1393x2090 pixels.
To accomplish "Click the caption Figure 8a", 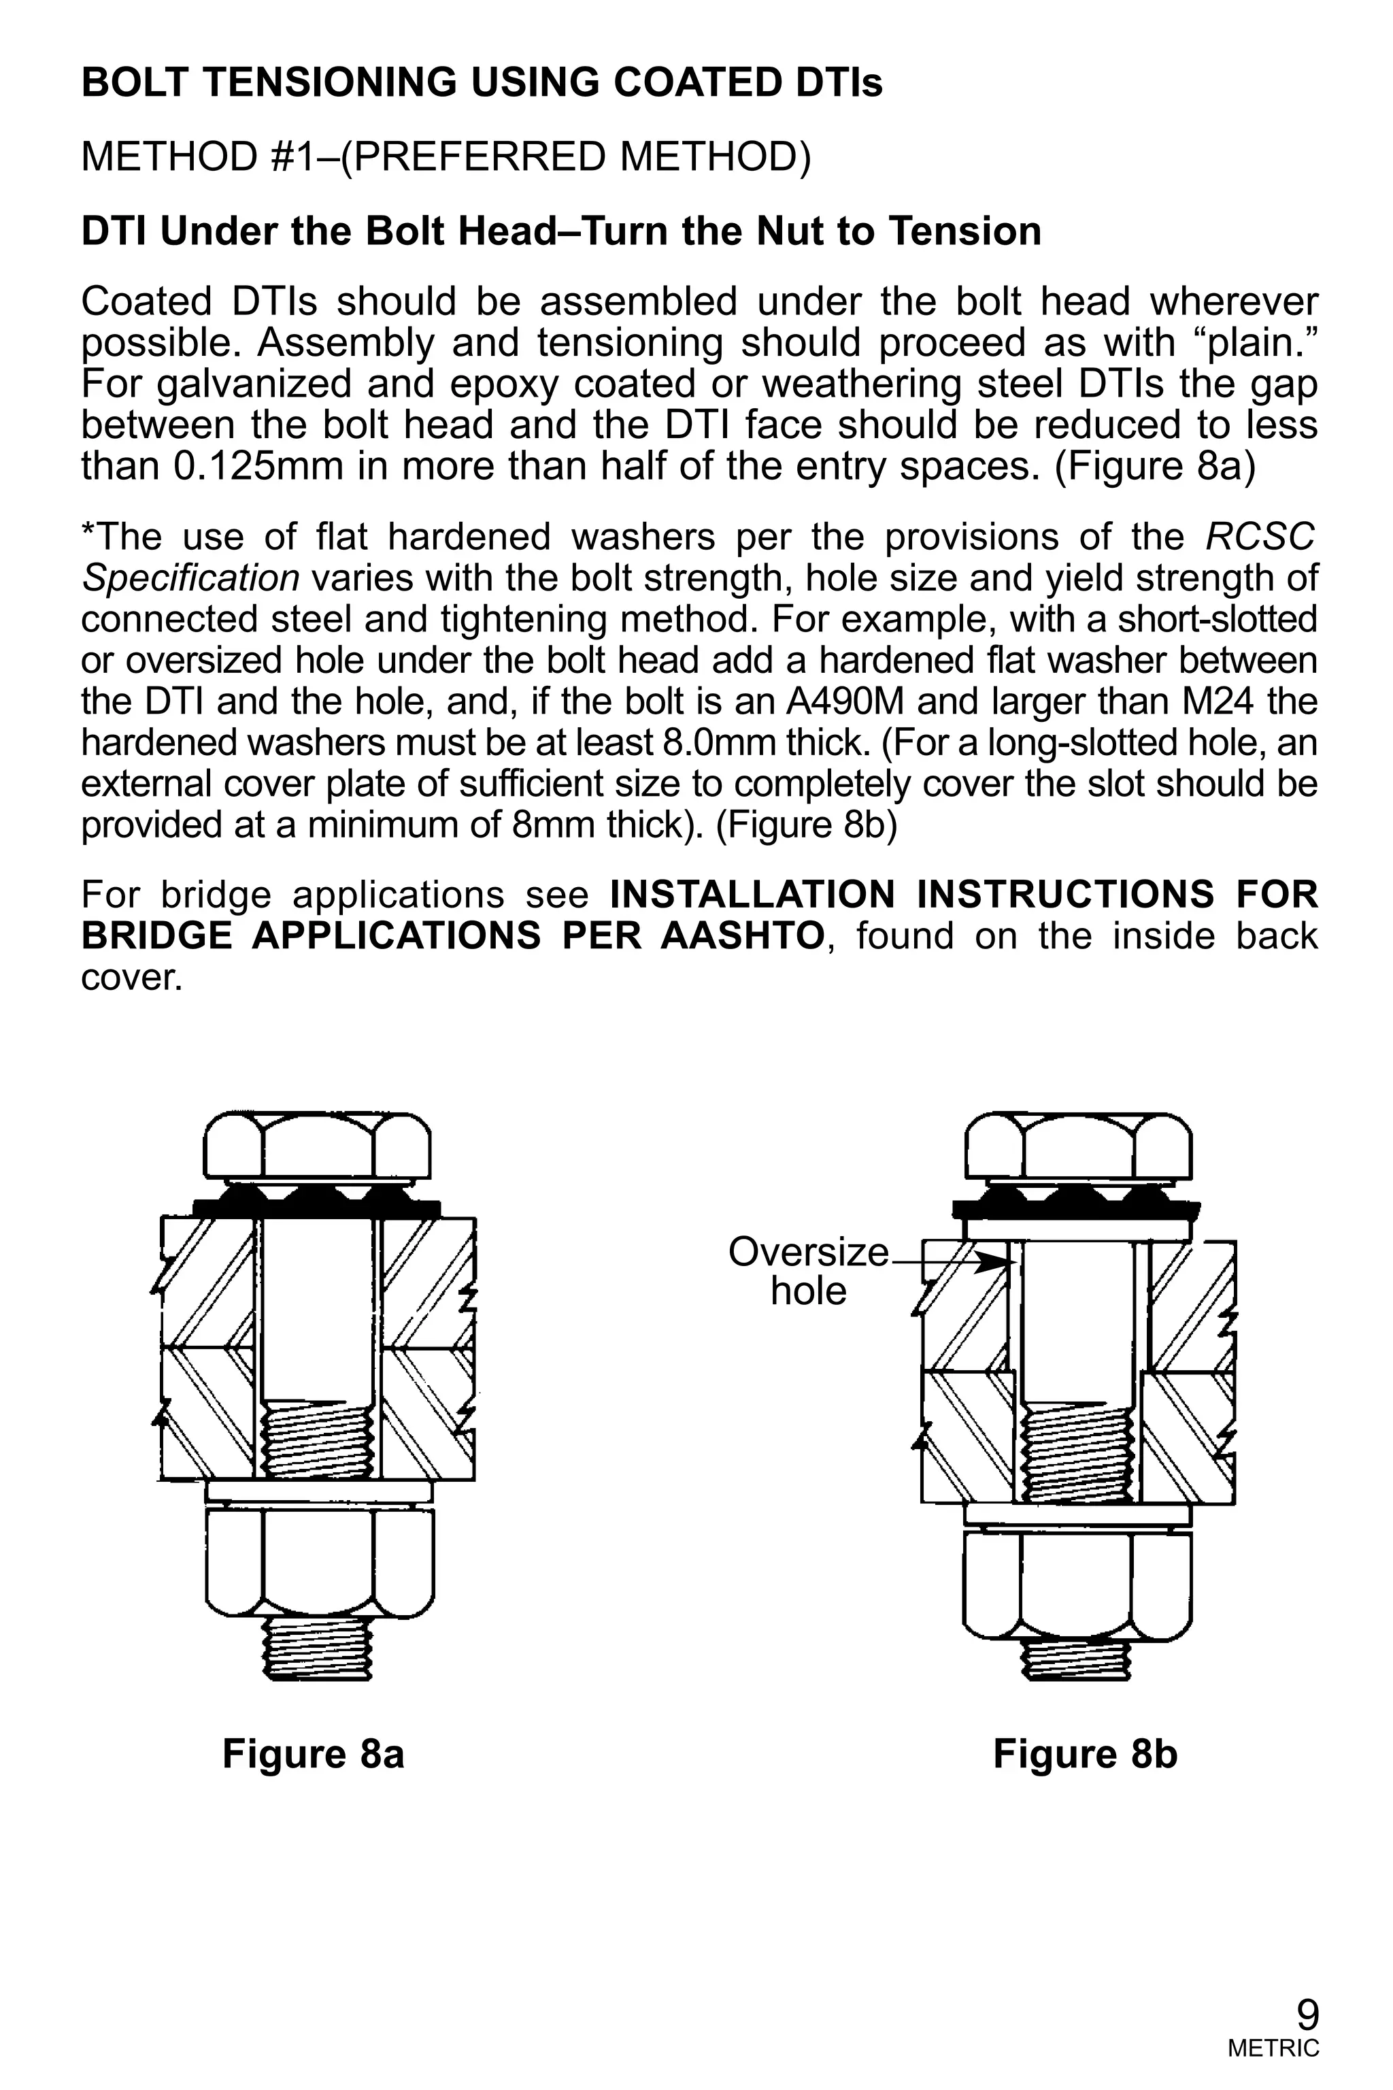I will coord(313,1753).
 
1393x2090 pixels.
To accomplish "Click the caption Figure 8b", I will coord(1085,1753).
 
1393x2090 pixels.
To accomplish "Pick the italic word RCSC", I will coord(1260,537).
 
